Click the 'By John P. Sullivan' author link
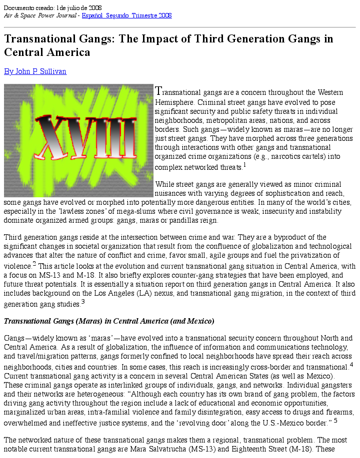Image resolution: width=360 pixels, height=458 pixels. [35, 71]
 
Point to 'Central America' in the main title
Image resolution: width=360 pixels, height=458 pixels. [47, 52]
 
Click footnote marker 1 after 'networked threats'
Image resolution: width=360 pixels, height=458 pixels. [244, 164]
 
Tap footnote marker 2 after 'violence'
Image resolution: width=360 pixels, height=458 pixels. [34, 263]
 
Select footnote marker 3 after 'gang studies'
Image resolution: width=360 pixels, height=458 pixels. [82, 301]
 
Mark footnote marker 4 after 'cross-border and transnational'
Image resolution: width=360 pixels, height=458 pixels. [351, 364]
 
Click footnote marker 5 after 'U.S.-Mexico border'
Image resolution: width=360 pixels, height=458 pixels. [335, 421]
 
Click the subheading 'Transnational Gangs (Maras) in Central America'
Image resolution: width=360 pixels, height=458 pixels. [109, 321]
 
